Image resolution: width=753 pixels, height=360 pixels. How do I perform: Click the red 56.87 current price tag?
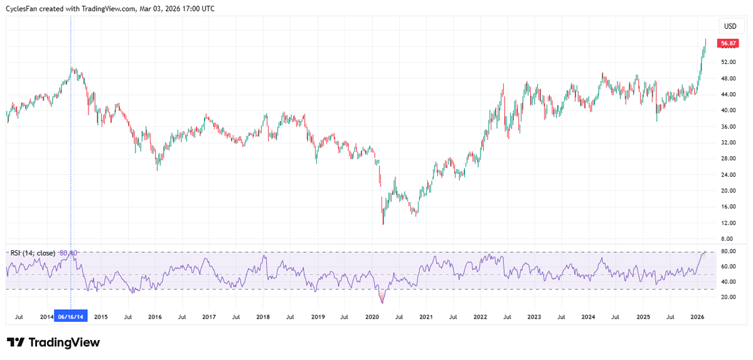tap(729, 44)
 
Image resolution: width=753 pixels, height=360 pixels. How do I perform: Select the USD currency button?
tap(730, 26)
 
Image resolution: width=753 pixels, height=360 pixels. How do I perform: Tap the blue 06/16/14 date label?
tap(71, 317)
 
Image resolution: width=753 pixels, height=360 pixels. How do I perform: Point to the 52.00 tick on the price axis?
tap(728, 62)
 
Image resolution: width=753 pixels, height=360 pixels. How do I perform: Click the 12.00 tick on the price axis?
tap(728, 223)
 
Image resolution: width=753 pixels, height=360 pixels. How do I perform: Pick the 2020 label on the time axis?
tap(372, 317)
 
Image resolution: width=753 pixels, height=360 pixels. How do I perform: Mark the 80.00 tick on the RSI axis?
tap(728, 251)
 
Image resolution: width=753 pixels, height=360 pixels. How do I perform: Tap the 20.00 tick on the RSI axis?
tap(728, 297)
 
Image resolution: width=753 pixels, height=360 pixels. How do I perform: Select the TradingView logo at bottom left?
tap(53, 342)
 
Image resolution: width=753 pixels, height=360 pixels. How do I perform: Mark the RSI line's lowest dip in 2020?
tap(382, 302)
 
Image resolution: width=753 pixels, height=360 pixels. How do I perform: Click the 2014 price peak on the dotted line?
tap(72, 68)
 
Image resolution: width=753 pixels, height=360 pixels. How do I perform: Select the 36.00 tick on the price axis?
tap(728, 126)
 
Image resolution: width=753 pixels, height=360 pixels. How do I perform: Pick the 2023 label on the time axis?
tap(534, 317)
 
